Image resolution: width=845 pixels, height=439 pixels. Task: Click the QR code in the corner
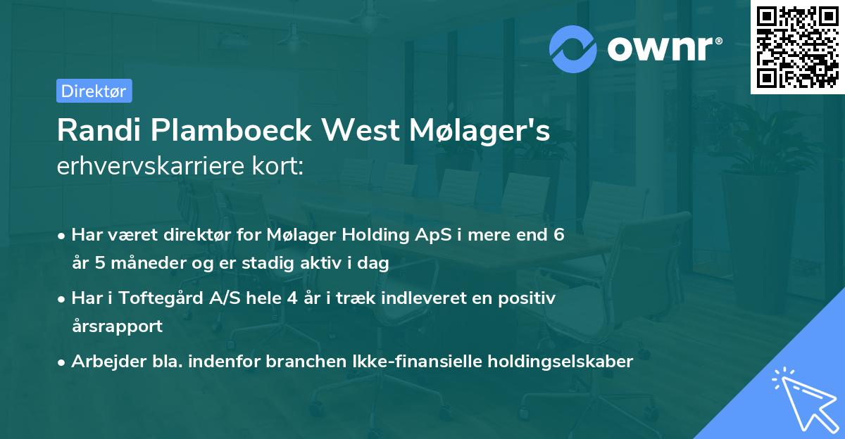(797, 47)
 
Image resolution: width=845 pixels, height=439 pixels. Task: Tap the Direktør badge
(94, 91)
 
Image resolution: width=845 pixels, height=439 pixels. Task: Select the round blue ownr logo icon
(574, 49)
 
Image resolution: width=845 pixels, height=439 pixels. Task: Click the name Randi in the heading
(96, 130)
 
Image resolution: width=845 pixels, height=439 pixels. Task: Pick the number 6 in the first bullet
(558, 235)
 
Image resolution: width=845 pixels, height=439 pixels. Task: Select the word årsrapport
(117, 326)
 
